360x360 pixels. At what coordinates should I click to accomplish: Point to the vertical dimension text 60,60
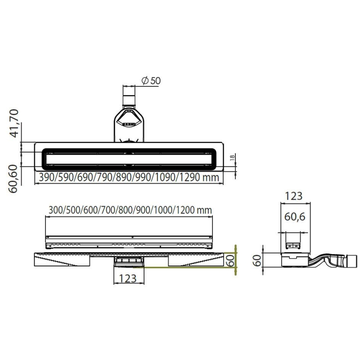point(15,178)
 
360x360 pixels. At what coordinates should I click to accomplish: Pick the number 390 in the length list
point(46,178)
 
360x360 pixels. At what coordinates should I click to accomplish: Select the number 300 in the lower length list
point(55,210)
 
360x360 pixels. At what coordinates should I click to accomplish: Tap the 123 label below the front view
point(128,279)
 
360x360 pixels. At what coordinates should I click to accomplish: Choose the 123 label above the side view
point(294,196)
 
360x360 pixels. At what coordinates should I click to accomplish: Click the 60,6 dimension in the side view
point(295,217)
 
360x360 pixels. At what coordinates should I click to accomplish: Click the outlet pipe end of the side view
point(351,260)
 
